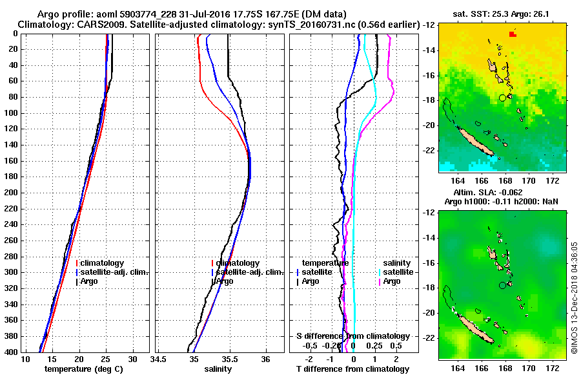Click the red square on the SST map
pyautogui.click(x=512, y=34)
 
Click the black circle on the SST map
pyautogui.click(x=502, y=98)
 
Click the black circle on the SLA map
pyautogui.click(x=502, y=285)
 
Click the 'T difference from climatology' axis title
pyautogui.click(x=352, y=369)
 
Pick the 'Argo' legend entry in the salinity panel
pyautogui.click(x=224, y=281)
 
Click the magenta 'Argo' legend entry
pyautogui.click(x=392, y=281)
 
